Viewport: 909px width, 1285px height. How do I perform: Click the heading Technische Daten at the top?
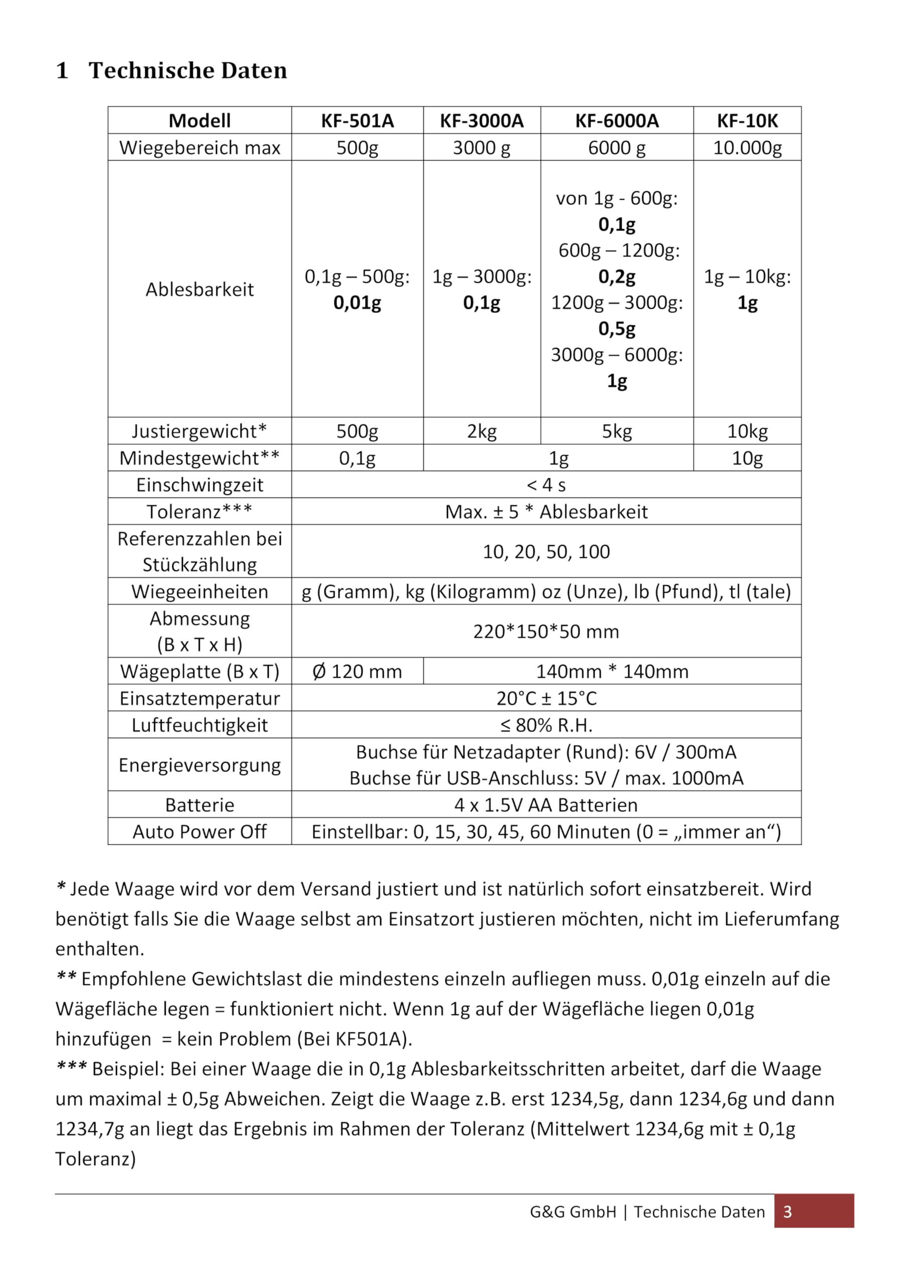(x=188, y=70)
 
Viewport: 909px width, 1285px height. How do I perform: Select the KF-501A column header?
(x=358, y=120)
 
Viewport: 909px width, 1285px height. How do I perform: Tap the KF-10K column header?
(x=747, y=120)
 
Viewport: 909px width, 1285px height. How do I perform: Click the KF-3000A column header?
(x=482, y=120)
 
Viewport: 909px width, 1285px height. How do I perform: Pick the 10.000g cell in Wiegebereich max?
(x=747, y=148)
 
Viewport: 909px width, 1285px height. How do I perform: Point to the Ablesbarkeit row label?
(x=199, y=289)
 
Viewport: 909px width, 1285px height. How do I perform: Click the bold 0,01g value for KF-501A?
(x=358, y=303)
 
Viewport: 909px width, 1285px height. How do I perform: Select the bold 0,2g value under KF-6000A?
(x=617, y=277)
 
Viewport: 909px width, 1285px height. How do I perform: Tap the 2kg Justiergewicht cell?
(x=482, y=431)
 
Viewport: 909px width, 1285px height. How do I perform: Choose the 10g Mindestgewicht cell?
(x=747, y=458)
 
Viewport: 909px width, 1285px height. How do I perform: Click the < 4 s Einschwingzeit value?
(x=546, y=485)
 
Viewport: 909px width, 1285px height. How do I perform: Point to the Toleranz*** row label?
(x=199, y=511)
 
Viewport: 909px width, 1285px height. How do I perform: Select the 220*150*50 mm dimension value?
(x=546, y=631)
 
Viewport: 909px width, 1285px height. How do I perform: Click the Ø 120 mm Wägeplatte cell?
(x=358, y=671)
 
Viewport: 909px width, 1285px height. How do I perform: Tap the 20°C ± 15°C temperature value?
(x=546, y=698)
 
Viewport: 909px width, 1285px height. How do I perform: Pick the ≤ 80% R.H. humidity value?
(x=546, y=725)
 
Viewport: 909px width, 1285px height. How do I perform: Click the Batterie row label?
(x=199, y=805)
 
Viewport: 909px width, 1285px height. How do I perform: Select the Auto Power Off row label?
(x=199, y=832)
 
